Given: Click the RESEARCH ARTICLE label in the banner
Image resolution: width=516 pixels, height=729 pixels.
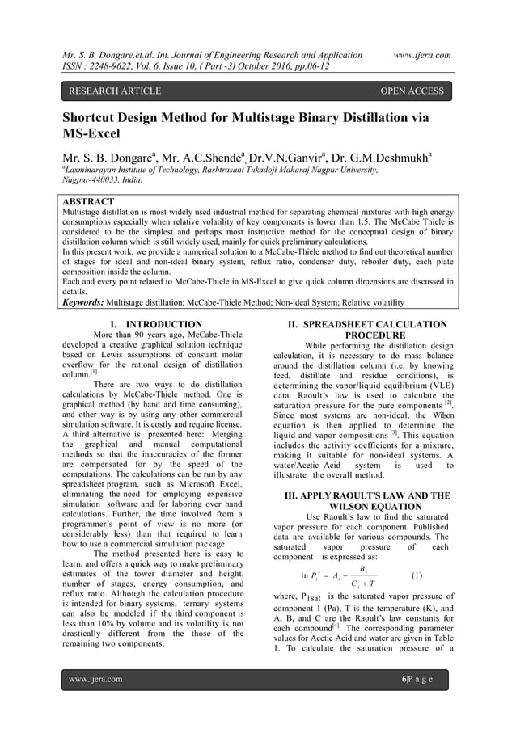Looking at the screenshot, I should (115, 91).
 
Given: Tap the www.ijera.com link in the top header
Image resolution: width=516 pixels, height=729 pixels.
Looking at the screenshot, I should (421, 54).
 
